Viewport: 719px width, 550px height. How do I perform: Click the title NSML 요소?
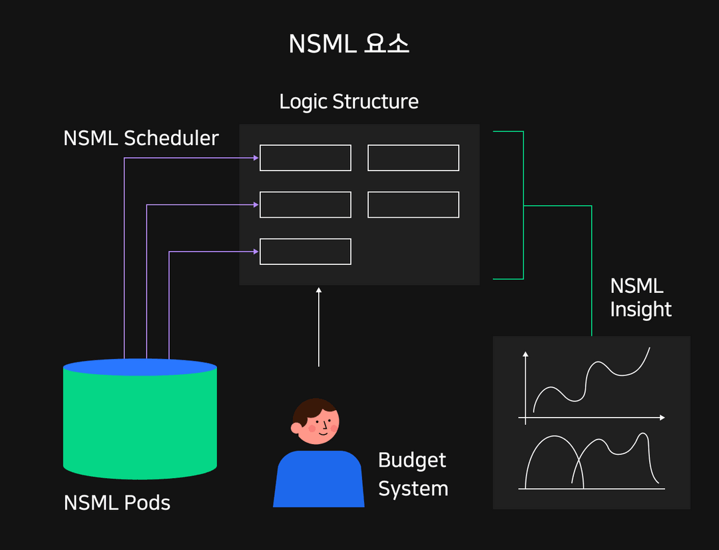click(x=349, y=44)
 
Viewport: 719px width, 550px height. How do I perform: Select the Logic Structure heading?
click(x=349, y=102)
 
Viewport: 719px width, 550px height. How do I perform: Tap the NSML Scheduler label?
click(x=141, y=138)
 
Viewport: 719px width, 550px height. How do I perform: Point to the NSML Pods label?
click(x=117, y=502)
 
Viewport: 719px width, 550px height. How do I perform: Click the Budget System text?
click(x=413, y=474)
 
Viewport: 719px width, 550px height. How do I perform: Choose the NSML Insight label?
click(x=640, y=298)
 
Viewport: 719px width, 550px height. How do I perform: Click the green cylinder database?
click(x=140, y=426)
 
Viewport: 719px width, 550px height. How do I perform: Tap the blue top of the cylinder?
click(x=140, y=367)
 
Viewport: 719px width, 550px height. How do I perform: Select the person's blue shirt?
click(x=319, y=479)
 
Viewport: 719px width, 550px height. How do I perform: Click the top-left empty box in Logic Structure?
click(x=306, y=158)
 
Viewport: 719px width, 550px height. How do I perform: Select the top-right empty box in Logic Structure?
click(x=413, y=158)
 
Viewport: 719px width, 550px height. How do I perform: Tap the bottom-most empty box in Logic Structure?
click(x=306, y=252)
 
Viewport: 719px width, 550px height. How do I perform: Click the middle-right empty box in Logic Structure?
click(x=413, y=204)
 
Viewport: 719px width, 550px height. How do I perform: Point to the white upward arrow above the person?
click(x=319, y=326)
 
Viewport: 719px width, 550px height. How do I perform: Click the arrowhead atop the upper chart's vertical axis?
click(x=526, y=355)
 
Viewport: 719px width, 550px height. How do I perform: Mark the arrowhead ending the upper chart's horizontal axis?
click(x=662, y=417)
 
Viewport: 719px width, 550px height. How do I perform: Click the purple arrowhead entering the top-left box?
click(x=256, y=158)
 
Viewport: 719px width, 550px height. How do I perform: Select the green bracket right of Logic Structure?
click(x=523, y=205)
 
